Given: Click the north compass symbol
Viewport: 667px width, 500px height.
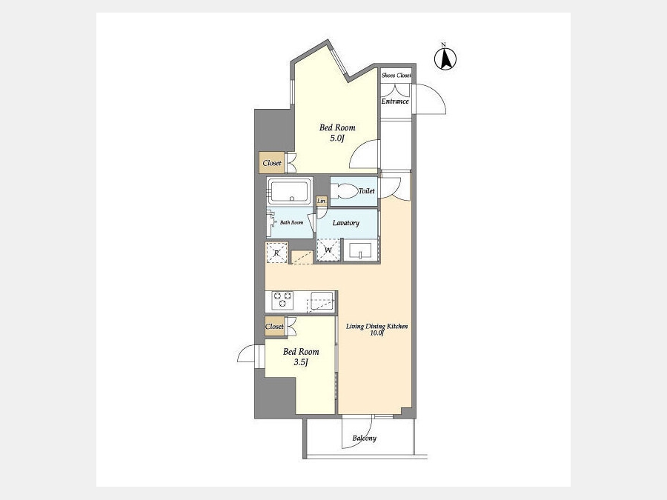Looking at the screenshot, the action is [445, 59].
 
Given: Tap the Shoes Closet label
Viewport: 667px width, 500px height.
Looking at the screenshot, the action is [396, 76].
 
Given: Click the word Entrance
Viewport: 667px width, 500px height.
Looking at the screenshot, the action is [395, 101].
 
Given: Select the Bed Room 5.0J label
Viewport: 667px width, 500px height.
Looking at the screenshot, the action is [337, 133].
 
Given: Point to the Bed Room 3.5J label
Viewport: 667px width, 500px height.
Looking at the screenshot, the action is [301, 357].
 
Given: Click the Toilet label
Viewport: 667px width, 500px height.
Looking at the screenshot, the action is [366, 191].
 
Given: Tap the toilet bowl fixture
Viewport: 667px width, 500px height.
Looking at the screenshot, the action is [345, 191].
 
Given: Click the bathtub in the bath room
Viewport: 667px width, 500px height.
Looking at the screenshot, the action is [290, 191].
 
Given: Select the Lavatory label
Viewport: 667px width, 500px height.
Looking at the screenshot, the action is [346, 223].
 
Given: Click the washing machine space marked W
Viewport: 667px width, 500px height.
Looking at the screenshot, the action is [328, 250].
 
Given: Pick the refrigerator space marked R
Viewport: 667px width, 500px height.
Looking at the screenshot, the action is [276, 253].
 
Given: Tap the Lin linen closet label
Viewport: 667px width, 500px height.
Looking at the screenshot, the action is [321, 201].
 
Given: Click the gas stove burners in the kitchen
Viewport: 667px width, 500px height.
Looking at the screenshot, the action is [282, 299].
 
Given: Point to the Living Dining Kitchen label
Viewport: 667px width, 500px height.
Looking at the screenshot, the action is [377, 330].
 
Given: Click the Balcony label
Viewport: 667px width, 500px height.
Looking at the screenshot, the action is [364, 438].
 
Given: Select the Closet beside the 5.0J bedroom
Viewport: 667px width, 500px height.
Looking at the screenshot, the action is [272, 163].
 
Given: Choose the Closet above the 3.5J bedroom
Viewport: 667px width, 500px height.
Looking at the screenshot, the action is [274, 327].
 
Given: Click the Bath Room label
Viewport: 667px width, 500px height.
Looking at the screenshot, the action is [291, 222].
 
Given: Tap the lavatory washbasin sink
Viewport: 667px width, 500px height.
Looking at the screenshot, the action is [360, 250].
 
